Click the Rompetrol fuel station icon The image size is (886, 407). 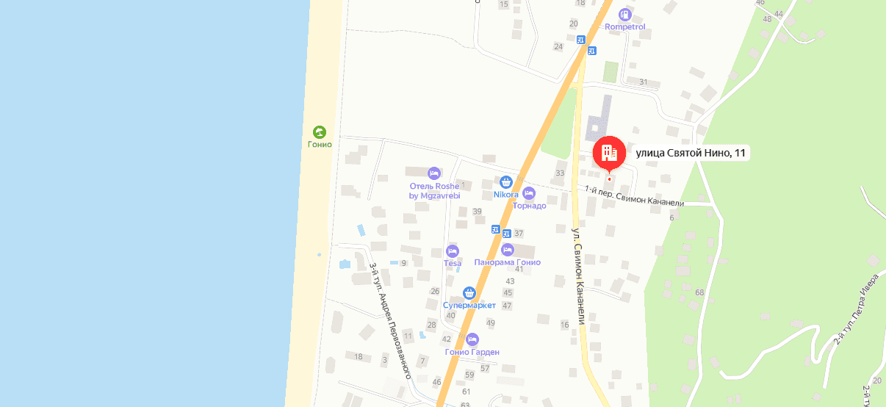625,14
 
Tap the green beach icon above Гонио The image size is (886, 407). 320,132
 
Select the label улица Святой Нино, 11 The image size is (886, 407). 691,153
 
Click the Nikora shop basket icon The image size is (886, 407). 506,182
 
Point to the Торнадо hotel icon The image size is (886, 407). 529,193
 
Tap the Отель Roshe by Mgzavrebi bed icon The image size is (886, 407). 434,173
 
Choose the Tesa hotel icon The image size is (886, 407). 453,251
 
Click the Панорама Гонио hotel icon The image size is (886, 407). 508,250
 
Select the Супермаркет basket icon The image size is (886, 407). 469,293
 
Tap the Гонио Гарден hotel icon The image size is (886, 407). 472,339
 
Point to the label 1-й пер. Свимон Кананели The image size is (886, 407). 634,197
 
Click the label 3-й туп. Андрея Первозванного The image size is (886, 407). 389,320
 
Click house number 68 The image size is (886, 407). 699,292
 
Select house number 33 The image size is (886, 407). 560,173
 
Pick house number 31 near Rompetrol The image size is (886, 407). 644,82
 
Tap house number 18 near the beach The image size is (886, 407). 359,357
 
